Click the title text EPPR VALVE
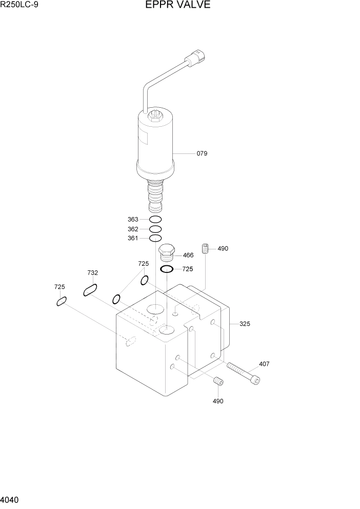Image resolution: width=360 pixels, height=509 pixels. [x=179, y=5]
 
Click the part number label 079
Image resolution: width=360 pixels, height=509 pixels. [x=202, y=153]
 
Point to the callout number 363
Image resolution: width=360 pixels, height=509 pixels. [x=133, y=220]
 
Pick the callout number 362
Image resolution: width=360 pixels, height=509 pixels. [x=133, y=229]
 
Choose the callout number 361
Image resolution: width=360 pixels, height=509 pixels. [x=133, y=239]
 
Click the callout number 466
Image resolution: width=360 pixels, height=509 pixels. [x=188, y=255]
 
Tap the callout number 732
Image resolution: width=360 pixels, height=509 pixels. [x=92, y=273]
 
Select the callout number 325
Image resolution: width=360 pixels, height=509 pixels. [x=245, y=324]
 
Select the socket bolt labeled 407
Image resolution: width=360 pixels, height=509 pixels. [x=243, y=373]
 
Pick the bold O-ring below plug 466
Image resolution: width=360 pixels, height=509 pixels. [x=167, y=269]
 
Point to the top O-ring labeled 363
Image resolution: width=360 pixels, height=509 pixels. [x=155, y=220]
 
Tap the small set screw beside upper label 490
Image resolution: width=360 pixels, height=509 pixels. [x=207, y=248]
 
